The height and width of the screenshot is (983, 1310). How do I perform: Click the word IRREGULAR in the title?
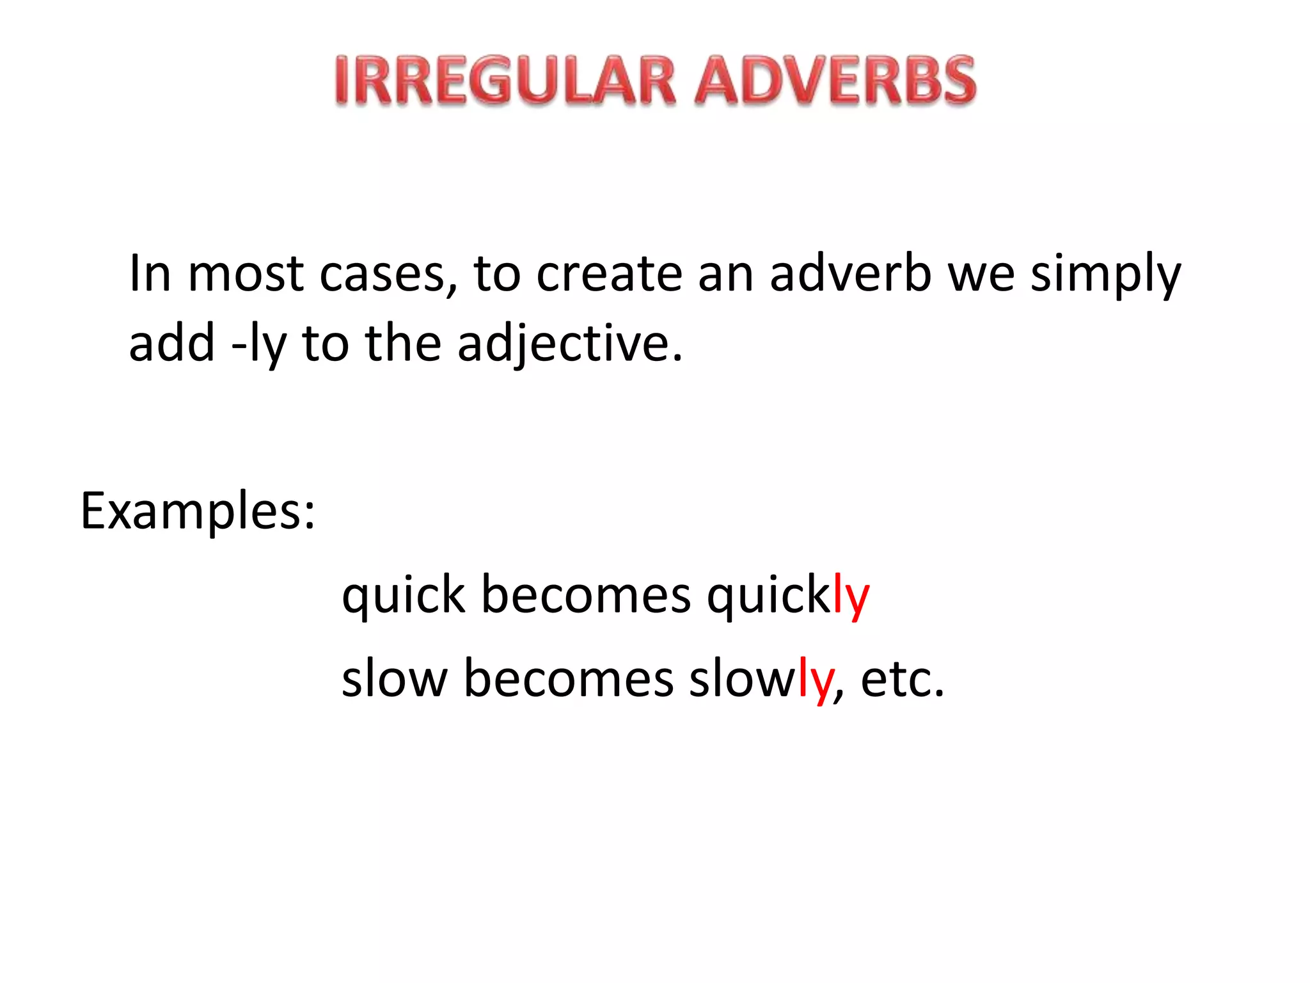point(505,81)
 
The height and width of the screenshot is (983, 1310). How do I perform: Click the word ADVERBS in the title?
point(835,81)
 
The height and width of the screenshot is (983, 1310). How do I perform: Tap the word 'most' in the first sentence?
point(246,274)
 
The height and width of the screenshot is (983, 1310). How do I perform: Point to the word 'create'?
point(609,274)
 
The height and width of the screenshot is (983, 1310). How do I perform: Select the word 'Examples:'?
point(198,512)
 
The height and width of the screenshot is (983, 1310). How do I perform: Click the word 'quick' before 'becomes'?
point(404,595)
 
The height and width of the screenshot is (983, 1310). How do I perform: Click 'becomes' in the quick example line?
point(586,595)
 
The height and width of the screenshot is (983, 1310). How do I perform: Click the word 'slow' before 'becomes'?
point(395,678)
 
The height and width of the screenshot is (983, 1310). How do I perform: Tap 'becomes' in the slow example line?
point(569,678)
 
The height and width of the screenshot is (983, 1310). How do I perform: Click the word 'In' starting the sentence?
point(150,274)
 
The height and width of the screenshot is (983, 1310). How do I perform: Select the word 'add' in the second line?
point(171,343)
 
